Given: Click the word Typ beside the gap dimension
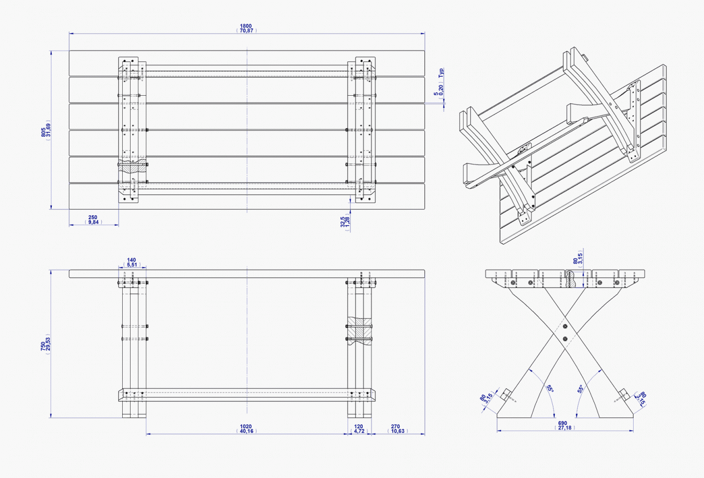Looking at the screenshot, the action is click(x=441, y=73).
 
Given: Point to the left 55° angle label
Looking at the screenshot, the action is click(x=550, y=389).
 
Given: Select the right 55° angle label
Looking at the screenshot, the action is click(x=580, y=389).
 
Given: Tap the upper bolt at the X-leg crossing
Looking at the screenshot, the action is click(x=565, y=327).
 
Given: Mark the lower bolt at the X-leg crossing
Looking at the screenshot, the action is click(x=565, y=339).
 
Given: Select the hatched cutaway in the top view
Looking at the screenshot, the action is click(x=132, y=166).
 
